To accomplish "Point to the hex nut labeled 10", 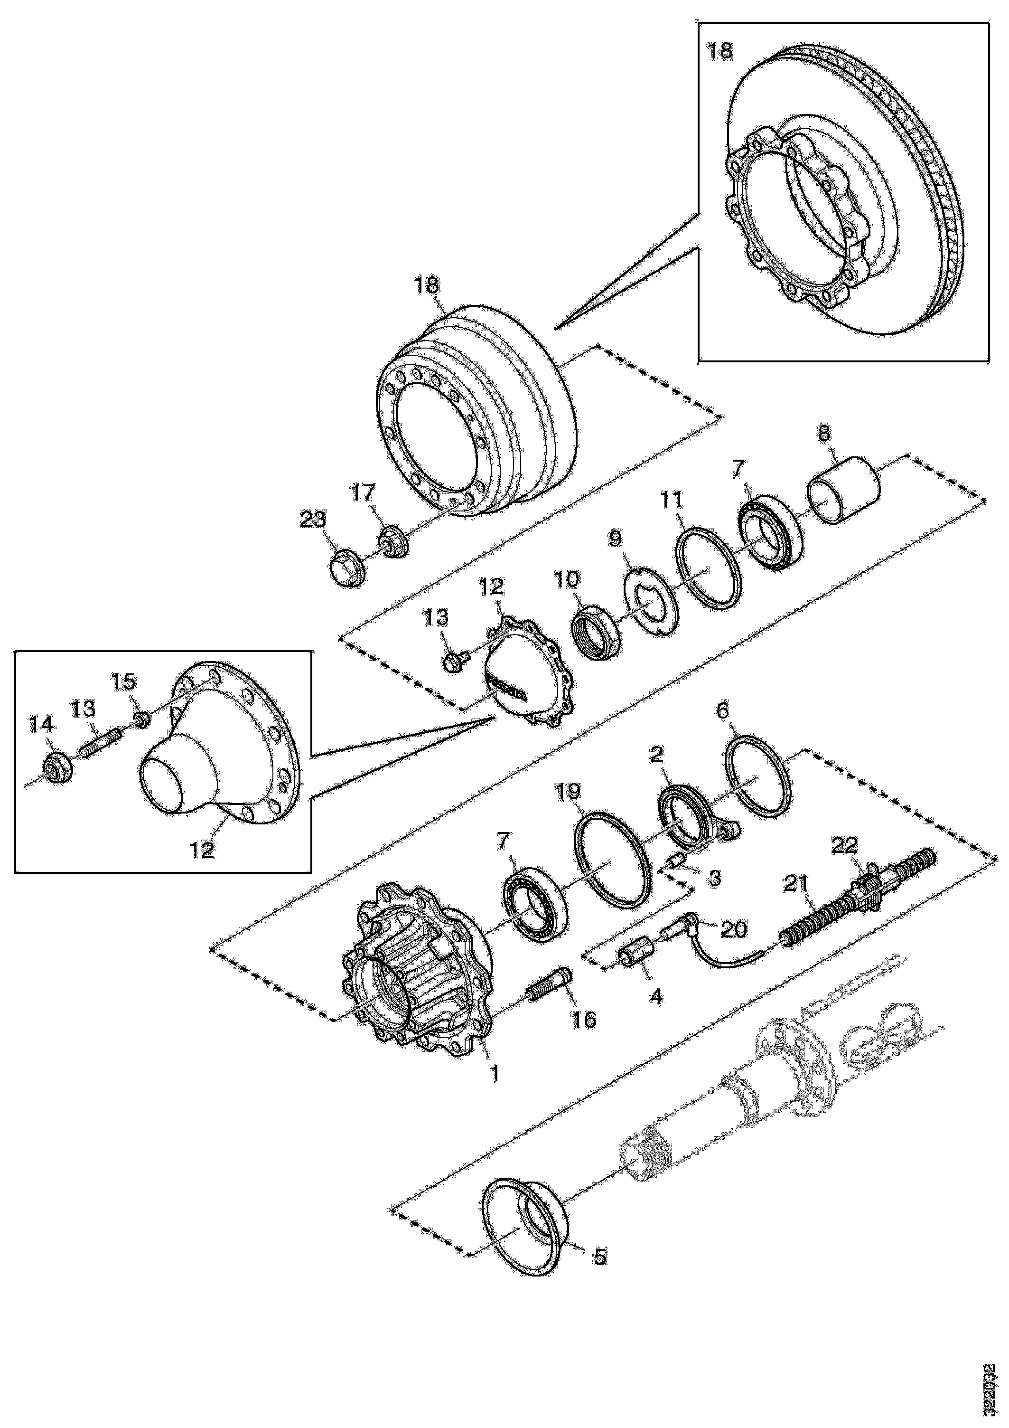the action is [x=595, y=633].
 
